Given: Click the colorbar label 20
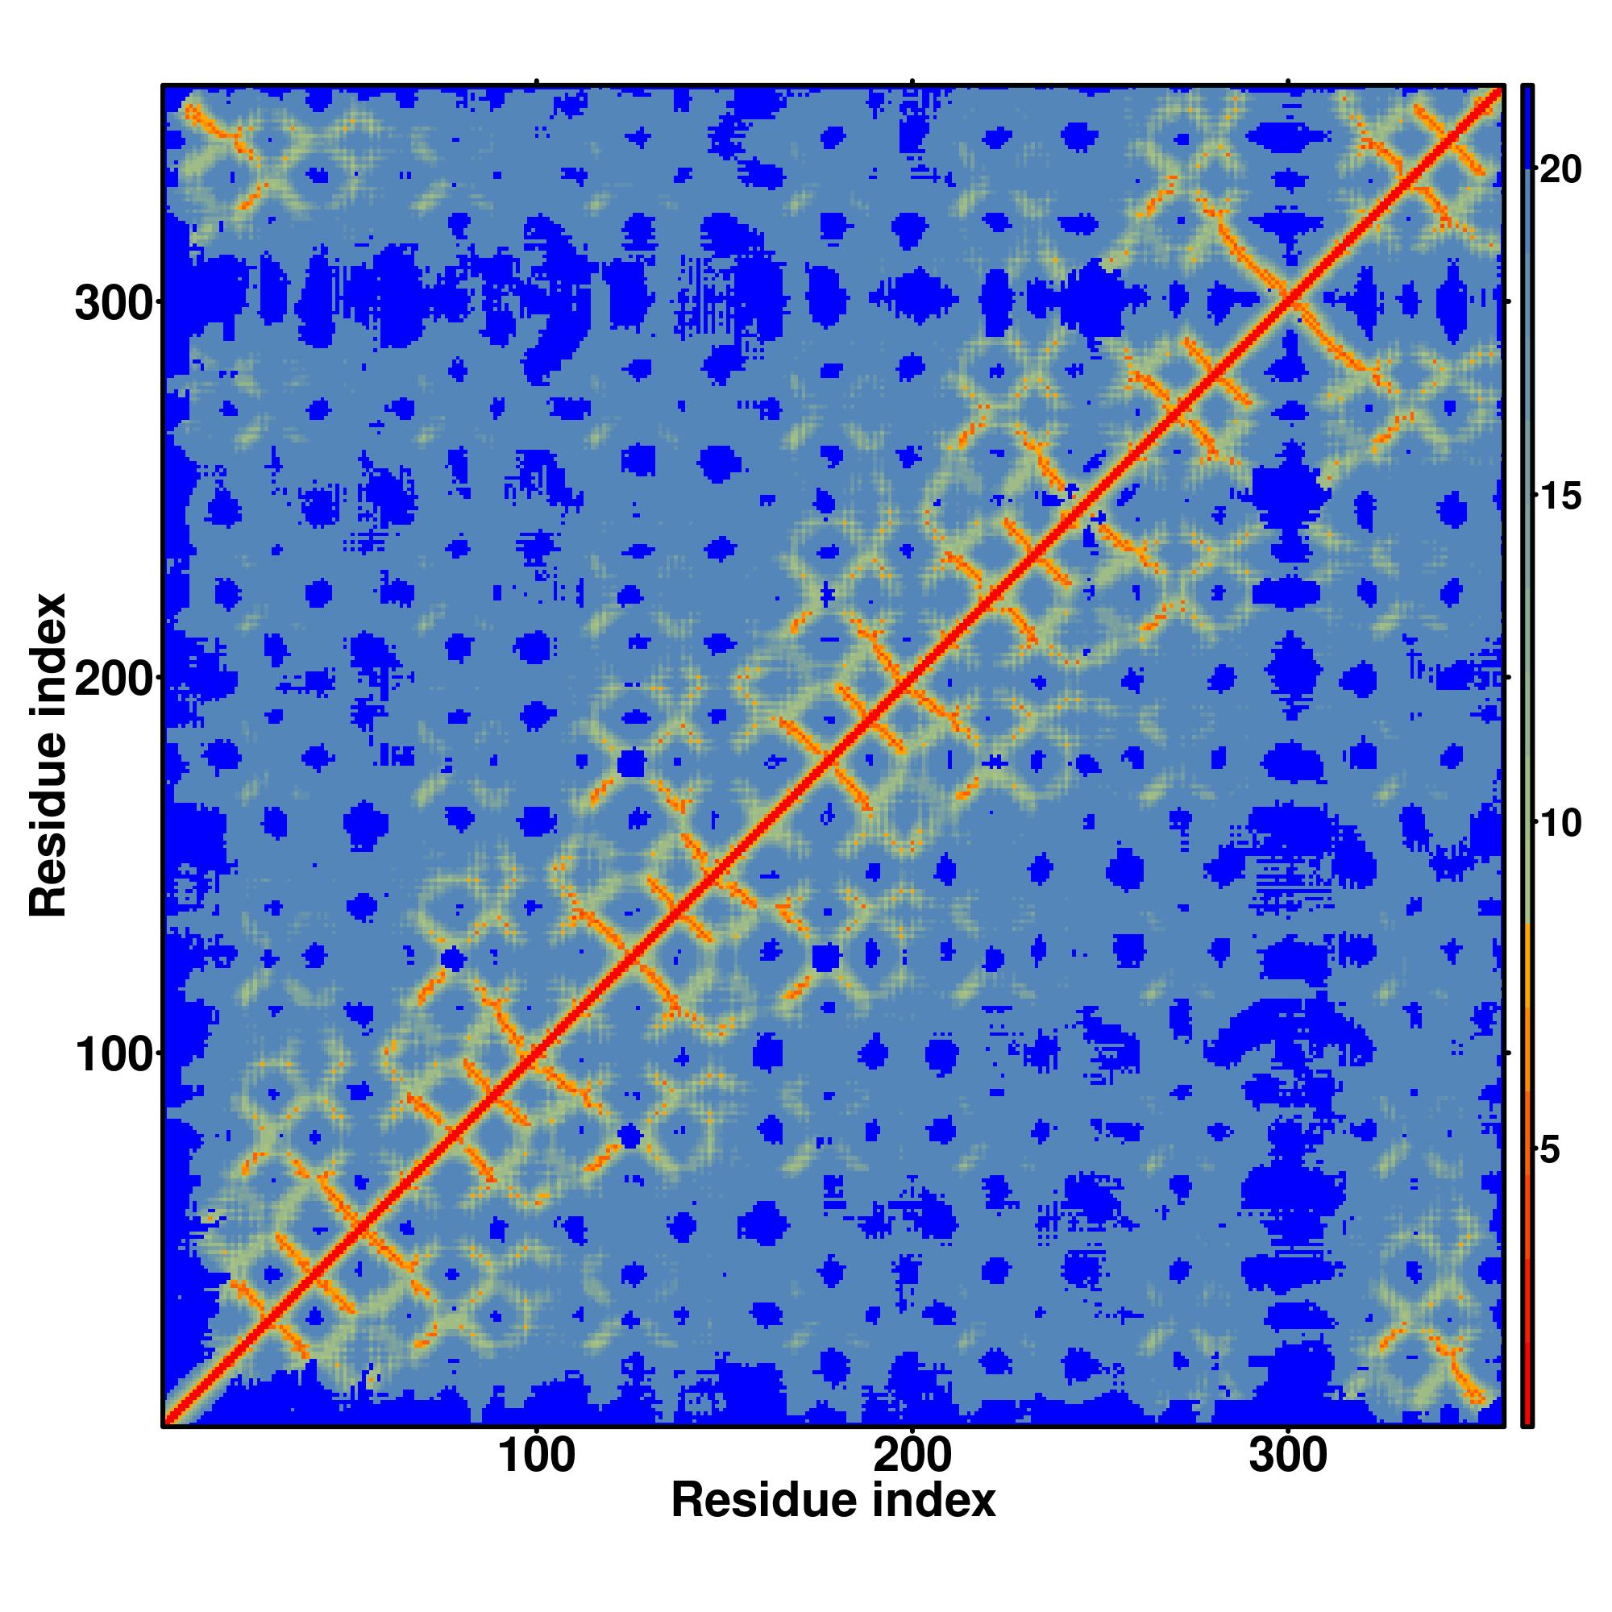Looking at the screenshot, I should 1560,170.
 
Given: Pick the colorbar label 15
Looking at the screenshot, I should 1560,497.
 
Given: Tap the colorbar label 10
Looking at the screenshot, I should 1560,825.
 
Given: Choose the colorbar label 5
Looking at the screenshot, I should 1550,1152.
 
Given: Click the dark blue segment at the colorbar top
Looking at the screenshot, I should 1527,125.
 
